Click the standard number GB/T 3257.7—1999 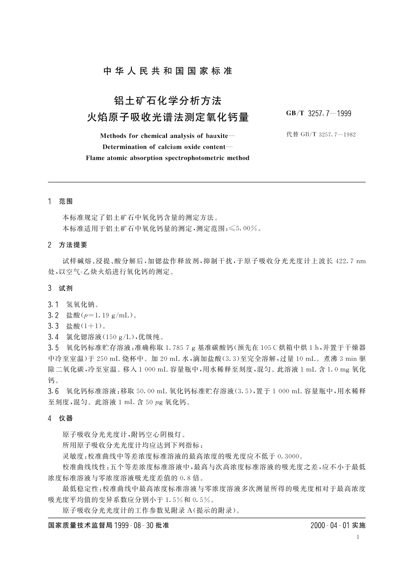click(319, 114)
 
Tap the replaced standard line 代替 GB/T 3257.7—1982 click(321, 135)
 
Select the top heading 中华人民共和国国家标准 click(168, 71)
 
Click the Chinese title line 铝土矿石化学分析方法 click(168, 101)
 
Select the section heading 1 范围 click(61, 201)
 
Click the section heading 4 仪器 click(61, 418)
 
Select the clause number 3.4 click(53, 337)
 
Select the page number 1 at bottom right click(358, 537)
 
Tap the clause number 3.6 click(53, 391)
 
